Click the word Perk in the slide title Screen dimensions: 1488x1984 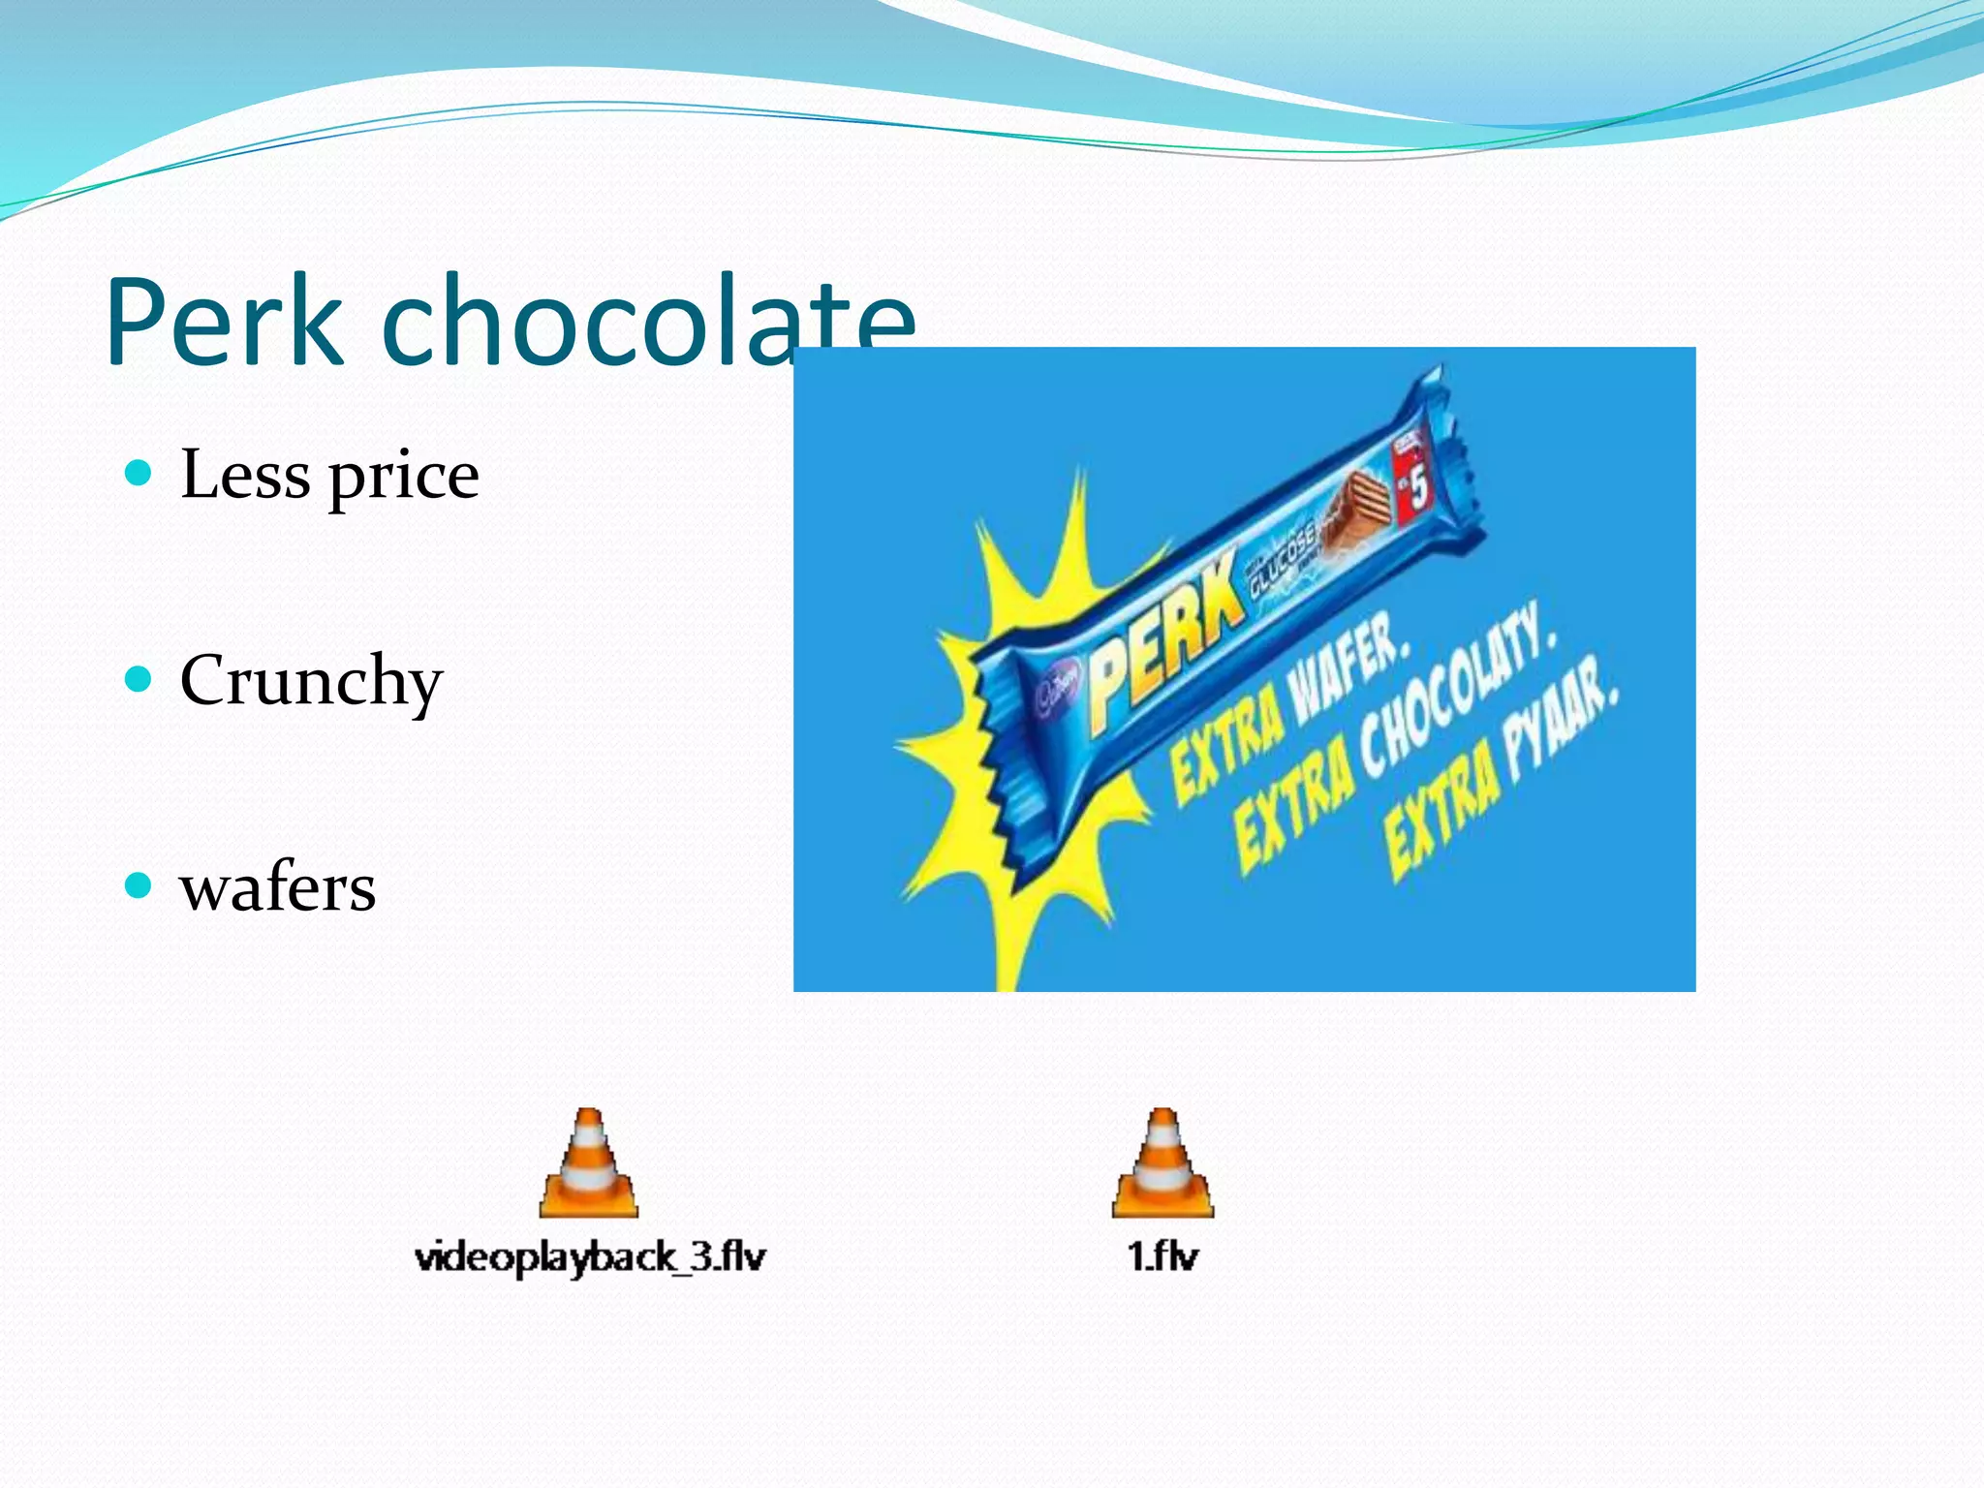click(x=225, y=322)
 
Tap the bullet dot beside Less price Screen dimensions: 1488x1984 click(x=139, y=474)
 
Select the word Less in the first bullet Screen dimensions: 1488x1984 click(x=246, y=475)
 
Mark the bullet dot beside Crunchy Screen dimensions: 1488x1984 click(x=139, y=679)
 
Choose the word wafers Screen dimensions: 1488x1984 click(x=278, y=887)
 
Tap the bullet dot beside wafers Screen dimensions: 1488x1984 click(x=139, y=885)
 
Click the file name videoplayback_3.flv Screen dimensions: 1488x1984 click(x=590, y=1257)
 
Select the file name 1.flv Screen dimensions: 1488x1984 click(x=1162, y=1256)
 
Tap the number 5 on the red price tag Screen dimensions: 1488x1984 click(x=1417, y=490)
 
